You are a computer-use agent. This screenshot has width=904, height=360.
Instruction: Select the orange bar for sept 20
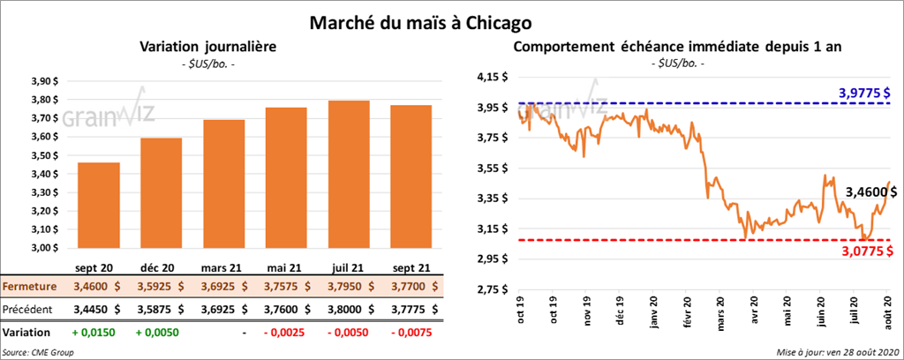point(99,206)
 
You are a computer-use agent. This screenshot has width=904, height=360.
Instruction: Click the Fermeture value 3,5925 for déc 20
point(159,287)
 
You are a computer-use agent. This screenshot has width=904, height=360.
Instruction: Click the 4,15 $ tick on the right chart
point(492,78)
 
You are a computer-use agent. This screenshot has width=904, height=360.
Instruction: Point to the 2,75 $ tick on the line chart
point(492,289)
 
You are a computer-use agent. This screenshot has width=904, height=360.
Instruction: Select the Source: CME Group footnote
point(38,352)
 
